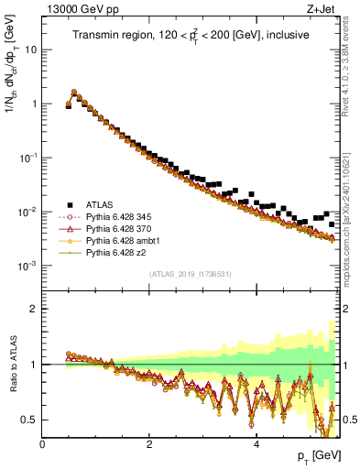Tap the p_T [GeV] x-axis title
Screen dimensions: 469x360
(x=317, y=456)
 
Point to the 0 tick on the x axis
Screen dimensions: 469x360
(x=42, y=443)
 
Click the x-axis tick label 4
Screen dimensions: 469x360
(x=256, y=443)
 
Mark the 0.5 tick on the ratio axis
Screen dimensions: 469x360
(x=30, y=420)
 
